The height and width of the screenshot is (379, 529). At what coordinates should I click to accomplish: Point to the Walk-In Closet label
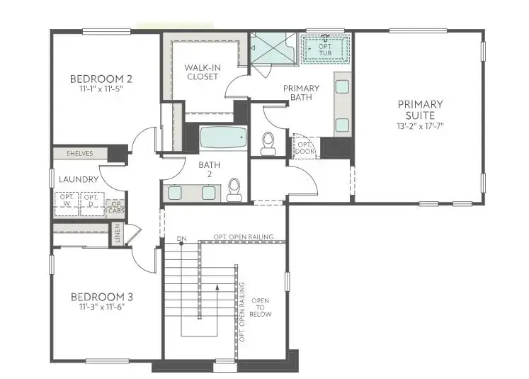203,72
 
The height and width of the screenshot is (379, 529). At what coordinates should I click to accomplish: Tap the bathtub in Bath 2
222,137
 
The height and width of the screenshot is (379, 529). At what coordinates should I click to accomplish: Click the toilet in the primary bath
268,143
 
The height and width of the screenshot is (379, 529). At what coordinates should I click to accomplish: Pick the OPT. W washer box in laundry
67,202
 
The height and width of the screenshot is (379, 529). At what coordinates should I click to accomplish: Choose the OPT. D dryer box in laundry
90,202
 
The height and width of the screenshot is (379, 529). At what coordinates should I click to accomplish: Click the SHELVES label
79,153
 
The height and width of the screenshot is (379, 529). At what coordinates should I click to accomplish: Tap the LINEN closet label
118,235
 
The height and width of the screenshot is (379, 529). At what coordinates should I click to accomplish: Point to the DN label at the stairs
182,237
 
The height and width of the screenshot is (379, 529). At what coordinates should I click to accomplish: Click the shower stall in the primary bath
272,48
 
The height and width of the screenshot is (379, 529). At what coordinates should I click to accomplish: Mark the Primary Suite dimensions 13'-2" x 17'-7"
420,126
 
